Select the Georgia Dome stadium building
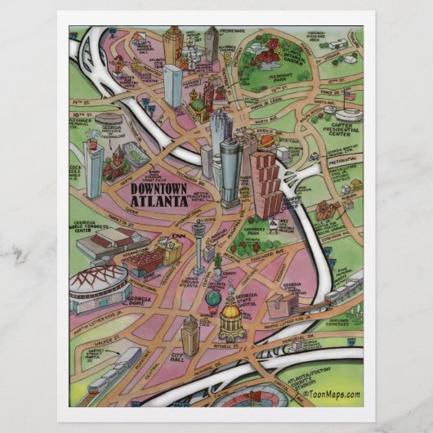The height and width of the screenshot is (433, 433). pyautogui.click(x=98, y=283)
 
